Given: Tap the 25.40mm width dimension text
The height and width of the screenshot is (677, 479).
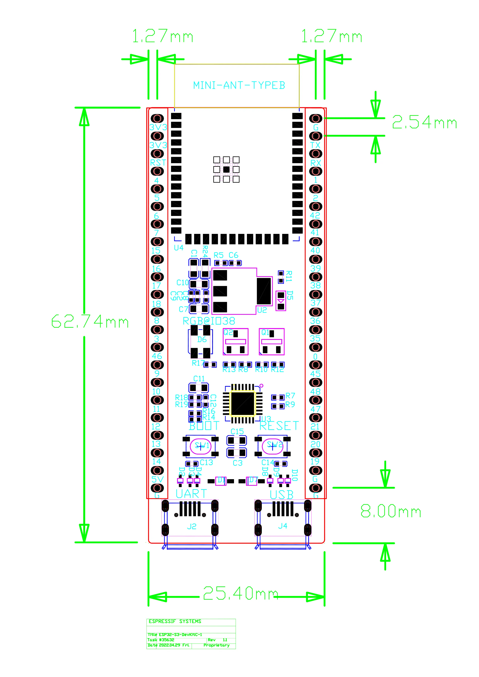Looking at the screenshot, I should click(x=240, y=593).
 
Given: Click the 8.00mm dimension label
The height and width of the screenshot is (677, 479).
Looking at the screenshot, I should click(x=391, y=511).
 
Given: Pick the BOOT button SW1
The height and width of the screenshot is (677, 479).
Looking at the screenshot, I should click(x=201, y=446).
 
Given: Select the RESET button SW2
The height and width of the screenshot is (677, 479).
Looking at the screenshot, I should click(x=273, y=446).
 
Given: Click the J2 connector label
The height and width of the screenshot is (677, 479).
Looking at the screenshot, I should click(x=192, y=526).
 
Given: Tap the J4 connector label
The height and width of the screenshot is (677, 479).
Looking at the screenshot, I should click(x=283, y=526).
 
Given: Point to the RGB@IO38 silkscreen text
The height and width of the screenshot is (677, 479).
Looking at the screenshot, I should click(x=209, y=321).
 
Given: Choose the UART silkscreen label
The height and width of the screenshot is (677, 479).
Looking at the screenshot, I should click(x=191, y=494).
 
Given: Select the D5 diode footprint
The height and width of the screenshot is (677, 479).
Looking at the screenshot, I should click(x=281, y=301).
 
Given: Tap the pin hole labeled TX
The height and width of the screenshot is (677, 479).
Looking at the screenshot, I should click(x=316, y=136).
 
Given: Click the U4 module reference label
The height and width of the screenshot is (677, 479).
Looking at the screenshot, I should click(x=178, y=248).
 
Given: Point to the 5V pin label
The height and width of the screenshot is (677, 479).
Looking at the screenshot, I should click(x=157, y=479).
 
